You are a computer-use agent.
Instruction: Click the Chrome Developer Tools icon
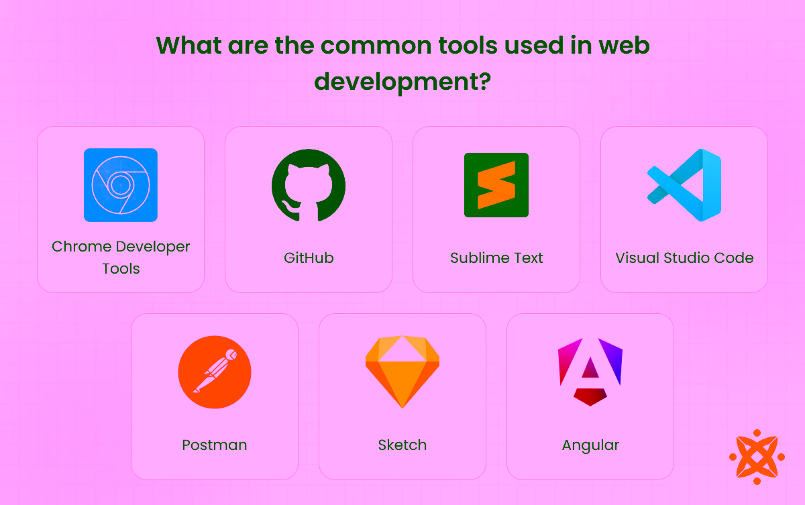tap(121, 185)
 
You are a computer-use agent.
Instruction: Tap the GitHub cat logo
tap(309, 185)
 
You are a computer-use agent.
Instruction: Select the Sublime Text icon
tap(496, 185)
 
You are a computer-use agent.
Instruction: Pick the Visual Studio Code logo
tap(684, 185)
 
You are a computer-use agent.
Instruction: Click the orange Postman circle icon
tap(215, 372)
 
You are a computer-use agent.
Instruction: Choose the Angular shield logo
tap(590, 372)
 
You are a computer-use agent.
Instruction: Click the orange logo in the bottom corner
tap(757, 457)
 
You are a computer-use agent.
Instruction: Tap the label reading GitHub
tap(309, 258)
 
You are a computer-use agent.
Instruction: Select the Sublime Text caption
tap(496, 258)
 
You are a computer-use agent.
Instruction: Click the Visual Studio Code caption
tap(684, 258)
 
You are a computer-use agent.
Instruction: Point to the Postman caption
tap(215, 445)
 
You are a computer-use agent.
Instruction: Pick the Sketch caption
tap(402, 445)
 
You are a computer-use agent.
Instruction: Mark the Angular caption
tap(590, 445)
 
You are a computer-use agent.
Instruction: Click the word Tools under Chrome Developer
tap(121, 269)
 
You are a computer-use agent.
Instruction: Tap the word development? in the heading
tap(402, 82)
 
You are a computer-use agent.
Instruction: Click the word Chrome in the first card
tap(80, 247)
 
